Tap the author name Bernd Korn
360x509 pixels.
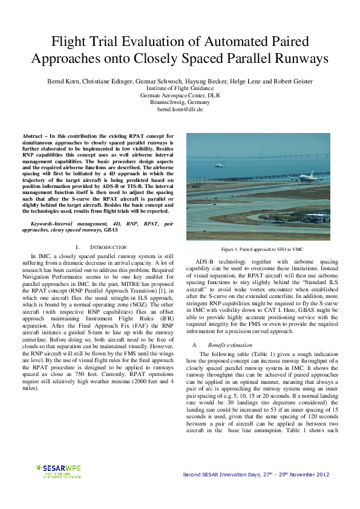[x=63, y=82]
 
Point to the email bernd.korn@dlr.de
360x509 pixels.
[x=180, y=109]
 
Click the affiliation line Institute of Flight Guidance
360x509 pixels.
[x=180, y=89]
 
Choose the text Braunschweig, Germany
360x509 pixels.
[x=180, y=103]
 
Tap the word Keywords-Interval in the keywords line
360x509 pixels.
[x=53, y=224]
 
